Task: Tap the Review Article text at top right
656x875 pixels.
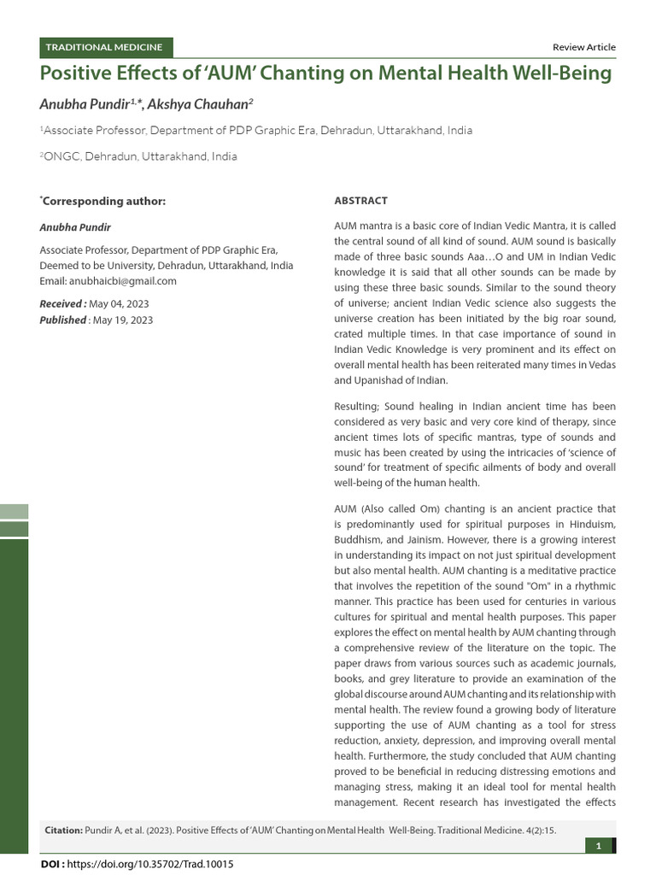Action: click(584, 47)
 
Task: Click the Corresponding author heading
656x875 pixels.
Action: click(103, 201)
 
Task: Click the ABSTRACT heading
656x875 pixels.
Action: click(360, 201)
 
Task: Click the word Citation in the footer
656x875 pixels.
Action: click(62, 829)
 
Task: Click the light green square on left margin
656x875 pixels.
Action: click(14, 511)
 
